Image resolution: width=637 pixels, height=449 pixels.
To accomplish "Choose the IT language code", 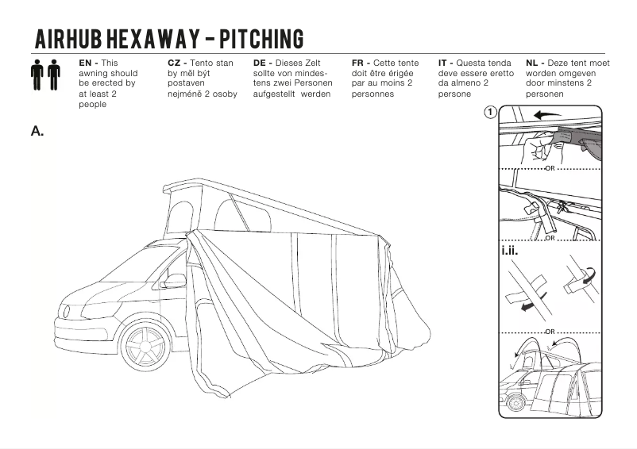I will point(444,63).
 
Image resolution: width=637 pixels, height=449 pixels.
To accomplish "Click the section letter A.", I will point(37,131).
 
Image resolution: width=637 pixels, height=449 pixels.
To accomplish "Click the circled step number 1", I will point(492,113).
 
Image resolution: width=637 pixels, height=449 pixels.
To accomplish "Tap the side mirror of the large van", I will point(174,281).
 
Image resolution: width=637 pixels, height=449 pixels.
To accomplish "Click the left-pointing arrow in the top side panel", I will point(546,115).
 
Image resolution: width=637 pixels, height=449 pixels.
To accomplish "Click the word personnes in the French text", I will point(372,94).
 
